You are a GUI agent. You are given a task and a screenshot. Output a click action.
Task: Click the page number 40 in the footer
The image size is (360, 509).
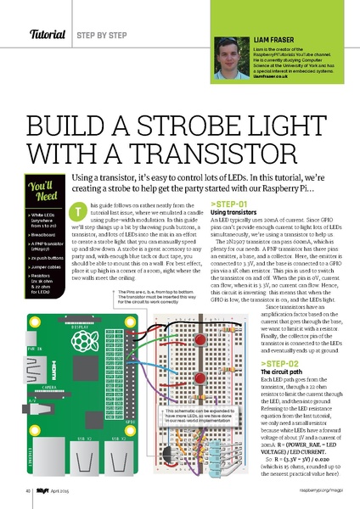29,489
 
